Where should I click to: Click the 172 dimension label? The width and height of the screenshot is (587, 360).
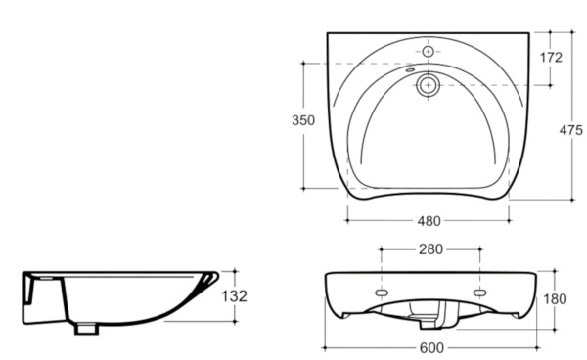551,58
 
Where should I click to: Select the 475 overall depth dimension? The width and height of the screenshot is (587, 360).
571,130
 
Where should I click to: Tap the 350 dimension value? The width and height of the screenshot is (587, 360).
303,120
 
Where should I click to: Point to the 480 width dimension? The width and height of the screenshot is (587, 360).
429,221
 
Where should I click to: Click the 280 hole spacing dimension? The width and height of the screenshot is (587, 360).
430,249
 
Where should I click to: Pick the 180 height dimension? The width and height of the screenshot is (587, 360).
555,299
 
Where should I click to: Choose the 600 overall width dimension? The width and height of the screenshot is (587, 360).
431,348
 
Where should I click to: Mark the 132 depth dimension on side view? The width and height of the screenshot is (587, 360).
235,296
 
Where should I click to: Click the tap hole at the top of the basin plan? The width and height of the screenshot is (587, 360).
428,51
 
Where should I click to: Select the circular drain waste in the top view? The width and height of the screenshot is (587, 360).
428,85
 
